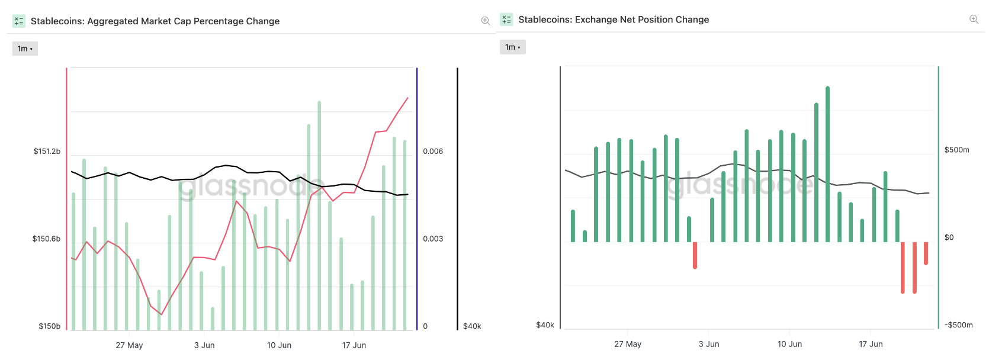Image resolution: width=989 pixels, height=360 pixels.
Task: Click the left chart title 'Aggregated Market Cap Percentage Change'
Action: tap(155, 21)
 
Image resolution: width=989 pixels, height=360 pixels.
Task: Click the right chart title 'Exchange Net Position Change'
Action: tap(614, 20)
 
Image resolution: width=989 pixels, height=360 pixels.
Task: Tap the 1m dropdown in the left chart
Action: tap(25, 49)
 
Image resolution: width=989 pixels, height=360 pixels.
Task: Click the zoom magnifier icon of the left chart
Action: tap(486, 21)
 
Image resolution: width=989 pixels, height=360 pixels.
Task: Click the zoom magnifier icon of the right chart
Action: tap(974, 20)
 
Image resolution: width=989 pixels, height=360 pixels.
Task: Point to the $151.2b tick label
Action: tap(47, 152)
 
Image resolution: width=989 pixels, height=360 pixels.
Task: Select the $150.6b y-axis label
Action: tap(46, 239)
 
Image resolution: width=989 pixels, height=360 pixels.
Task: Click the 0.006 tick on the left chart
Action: tap(433, 152)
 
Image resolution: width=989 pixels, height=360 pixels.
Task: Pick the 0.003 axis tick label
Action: tap(433, 239)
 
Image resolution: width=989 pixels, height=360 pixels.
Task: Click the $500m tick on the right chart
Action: tap(956, 150)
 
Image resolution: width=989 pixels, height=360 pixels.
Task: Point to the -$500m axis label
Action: tap(958, 325)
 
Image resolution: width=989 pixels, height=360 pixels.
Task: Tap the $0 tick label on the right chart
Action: tap(949, 238)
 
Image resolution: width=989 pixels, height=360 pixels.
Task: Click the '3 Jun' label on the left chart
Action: tap(204, 345)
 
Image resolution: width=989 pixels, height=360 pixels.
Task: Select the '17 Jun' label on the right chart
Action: tap(871, 344)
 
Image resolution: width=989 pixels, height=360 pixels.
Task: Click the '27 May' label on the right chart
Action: tap(628, 344)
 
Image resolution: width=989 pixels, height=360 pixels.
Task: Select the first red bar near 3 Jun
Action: tap(695, 255)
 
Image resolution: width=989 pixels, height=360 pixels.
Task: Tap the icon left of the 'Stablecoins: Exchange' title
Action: tap(506, 20)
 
